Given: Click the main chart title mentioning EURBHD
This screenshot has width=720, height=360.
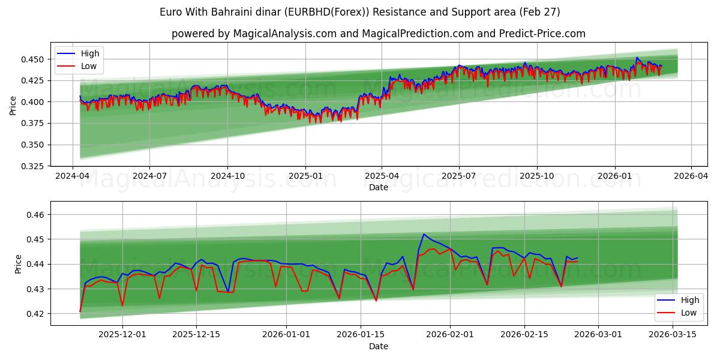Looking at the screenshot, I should pos(360,12).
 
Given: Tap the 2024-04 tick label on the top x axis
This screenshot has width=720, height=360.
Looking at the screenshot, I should pos(73,176).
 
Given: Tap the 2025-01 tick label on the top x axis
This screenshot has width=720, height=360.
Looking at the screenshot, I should pos(305,176).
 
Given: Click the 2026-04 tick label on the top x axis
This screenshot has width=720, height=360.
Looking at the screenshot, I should pos(691,176).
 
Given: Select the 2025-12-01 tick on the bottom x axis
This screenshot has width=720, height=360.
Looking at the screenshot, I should pos(122,335).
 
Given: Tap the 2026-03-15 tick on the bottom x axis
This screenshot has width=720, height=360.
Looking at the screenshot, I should pos(673,335).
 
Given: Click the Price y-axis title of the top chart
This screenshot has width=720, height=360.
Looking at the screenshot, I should pos(13,106).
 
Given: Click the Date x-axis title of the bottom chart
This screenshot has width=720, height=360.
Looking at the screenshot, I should pos(378,346).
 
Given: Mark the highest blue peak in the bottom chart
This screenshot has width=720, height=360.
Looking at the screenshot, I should pos(424,234).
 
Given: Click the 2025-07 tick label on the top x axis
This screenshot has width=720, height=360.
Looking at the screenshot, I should pos(459,176).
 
